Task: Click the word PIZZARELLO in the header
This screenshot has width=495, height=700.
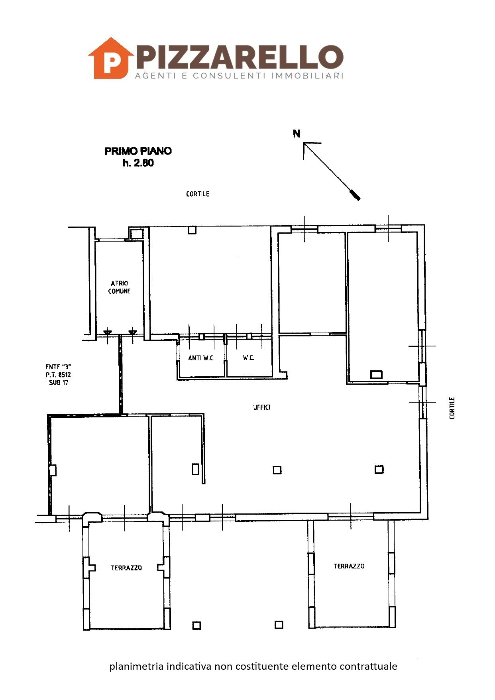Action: (240, 57)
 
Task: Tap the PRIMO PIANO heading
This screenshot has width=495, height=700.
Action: (138, 151)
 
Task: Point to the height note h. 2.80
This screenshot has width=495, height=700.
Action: (138, 163)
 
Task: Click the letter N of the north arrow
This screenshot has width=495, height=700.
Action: (297, 134)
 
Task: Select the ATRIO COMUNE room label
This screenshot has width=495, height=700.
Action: (120, 287)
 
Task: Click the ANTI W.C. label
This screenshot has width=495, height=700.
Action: (201, 358)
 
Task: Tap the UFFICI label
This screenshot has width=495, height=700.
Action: (262, 407)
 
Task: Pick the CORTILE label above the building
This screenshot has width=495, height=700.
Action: (198, 194)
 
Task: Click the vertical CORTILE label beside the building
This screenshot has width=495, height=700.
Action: (452, 408)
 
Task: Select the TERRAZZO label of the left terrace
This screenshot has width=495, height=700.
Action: (126, 568)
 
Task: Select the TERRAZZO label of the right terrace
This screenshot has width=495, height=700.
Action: (349, 566)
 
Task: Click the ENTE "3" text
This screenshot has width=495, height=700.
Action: (58, 367)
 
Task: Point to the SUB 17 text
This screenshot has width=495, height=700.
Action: (59, 382)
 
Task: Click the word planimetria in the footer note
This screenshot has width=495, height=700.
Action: (137, 666)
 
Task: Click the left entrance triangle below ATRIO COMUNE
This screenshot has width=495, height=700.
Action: (108, 332)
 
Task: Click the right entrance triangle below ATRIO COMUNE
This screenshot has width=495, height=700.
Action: (133, 332)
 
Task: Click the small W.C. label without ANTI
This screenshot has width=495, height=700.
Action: (249, 358)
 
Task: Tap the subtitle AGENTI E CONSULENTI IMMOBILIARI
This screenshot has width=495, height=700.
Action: (239, 76)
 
